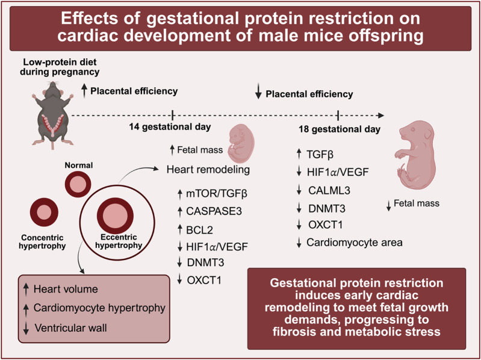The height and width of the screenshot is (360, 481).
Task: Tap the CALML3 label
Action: tap(330, 191)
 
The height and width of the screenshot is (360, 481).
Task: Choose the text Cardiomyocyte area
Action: tap(355, 243)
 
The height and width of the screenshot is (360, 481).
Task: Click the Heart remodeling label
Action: tap(208, 170)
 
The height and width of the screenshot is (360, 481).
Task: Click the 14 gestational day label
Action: tap(169, 127)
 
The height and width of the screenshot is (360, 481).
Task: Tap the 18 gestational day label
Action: tap(339, 129)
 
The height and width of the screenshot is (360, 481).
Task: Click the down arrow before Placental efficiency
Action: tap(258, 93)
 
